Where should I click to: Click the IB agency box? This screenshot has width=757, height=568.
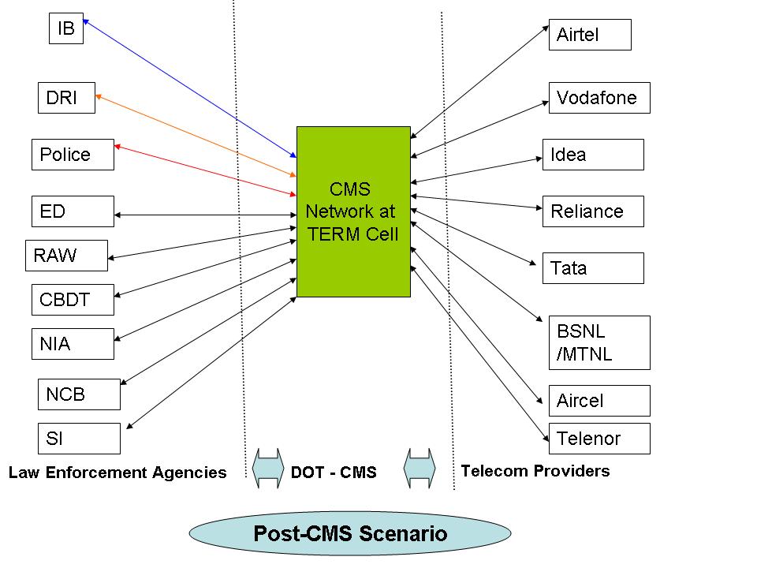65,28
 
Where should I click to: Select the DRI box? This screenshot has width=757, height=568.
66,98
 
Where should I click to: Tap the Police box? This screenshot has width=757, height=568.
73,155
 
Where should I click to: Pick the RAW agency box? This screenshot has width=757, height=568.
66,256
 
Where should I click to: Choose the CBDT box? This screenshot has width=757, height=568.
73,300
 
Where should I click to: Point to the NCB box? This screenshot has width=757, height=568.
79,394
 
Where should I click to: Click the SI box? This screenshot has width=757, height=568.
79,439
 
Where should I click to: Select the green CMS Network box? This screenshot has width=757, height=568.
353,211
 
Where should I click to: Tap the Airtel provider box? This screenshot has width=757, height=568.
590,35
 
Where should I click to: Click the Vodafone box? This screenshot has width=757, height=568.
599,98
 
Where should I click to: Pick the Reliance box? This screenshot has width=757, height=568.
593,211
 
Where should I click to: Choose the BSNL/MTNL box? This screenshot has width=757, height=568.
599,342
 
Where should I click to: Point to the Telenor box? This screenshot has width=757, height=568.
599,439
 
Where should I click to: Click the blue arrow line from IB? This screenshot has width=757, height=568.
189,88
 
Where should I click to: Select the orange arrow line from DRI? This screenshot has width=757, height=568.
193,134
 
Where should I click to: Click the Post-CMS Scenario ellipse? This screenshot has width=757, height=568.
350,534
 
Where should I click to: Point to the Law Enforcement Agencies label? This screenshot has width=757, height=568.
117,473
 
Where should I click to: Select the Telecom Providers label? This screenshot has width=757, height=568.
535,471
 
